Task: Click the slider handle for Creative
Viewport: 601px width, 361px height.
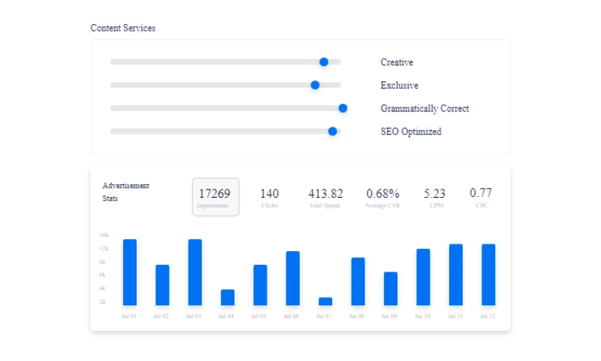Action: (x=324, y=62)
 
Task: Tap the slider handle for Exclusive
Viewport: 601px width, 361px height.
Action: (x=316, y=85)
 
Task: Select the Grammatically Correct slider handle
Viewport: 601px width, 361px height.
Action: (x=343, y=108)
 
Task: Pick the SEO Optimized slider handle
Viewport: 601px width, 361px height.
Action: (x=333, y=131)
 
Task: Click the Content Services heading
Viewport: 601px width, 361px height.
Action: (x=123, y=28)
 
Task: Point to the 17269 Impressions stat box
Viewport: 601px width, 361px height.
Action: (x=215, y=197)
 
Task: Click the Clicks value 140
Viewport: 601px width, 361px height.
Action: (x=270, y=194)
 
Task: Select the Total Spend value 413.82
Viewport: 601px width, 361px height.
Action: (x=325, y=194)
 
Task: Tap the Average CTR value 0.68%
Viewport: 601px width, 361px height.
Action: (x=382, y=194)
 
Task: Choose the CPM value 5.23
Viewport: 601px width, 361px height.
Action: (x=434, y=194)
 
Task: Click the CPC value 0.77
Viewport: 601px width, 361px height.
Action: (x=481, y=193)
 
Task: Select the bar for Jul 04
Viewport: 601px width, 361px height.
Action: (x=228, y=297)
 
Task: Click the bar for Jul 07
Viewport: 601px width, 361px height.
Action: (x=325, y=301)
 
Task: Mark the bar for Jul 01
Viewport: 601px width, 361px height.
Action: (x=130, y=272)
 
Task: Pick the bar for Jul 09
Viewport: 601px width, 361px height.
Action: (x=391, y=288)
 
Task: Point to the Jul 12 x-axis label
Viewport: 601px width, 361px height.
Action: (x=488, y=317)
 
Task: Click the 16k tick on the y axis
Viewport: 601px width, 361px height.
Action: (x=104, y=235)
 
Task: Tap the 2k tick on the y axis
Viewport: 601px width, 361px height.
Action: (x=104, y=302)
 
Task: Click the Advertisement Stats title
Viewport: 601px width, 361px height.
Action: (x=125, y=192)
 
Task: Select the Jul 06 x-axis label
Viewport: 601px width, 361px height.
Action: (x=292, y=317)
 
